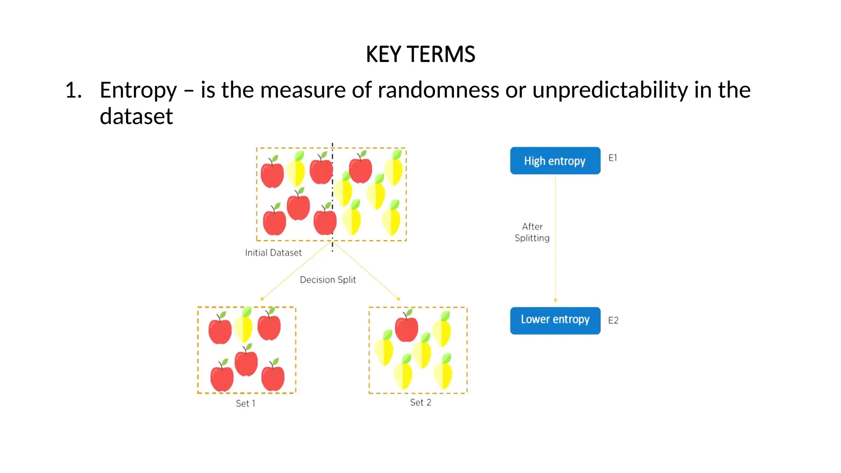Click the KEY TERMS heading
(420, 54)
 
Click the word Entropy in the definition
(138, 90)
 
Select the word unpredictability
(610, 90)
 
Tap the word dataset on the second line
(136, 116)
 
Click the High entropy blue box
(555, 161)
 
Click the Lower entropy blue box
(555, 320)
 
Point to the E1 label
(613, 158)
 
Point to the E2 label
(613, 320)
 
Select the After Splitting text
(532, 232)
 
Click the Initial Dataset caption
(273, 253)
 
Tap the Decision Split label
(328, 280)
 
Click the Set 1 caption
(246, 404)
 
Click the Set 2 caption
(420, 402)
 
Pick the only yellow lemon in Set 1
(244, 326)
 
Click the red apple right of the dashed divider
(361, 169)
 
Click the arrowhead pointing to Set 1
(262, 299)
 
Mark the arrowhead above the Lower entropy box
(555, 301)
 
